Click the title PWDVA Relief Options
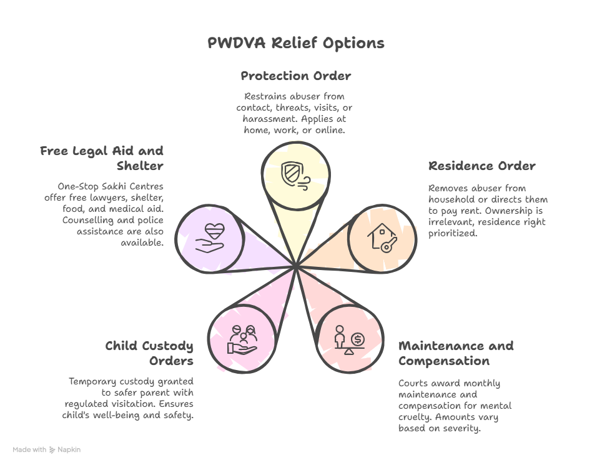click(295, 43)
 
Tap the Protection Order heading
click(295, 76)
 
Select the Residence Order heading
click(481, 166)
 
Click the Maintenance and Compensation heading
click(456, 353)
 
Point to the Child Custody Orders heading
click(149, 353)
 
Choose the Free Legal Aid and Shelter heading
click(102, 158)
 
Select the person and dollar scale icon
click(349, 339)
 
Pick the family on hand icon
click(242, 339)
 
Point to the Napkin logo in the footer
click(65, 449)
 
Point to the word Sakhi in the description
click(114, 186)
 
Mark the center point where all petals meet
click(295, 267)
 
